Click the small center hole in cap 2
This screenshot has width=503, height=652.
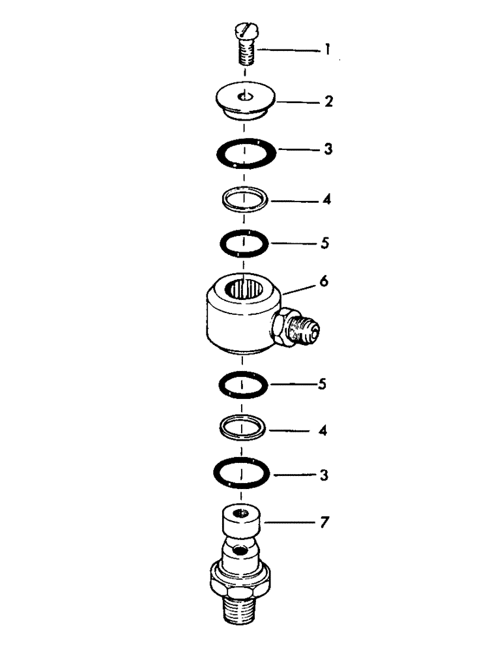pyautogui.click(x=244, y=96)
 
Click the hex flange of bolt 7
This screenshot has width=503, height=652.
pyautogui.click(x=241, y=577)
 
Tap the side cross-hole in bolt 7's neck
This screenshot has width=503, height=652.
pyautogui.click(x=242, y=551)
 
